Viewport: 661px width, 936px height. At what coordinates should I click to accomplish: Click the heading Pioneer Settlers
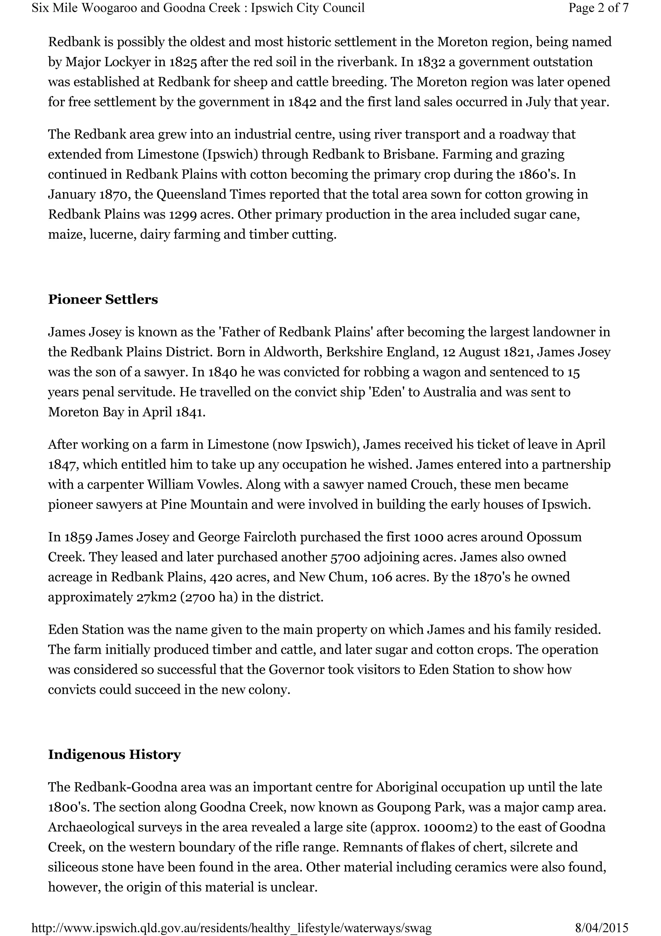(x=103, y=300)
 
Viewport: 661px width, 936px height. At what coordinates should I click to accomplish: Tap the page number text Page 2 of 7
(x=598, y=8)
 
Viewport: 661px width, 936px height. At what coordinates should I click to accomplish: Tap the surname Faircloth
(x=269, y=537)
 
